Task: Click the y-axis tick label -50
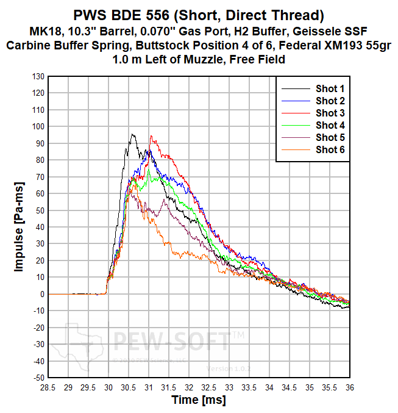[x=37, y=378]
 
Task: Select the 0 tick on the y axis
[x=42, y=294]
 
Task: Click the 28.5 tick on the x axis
[x=48, y=387]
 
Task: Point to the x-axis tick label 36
[x=350, y=387]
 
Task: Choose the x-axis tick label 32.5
[x=209, y=387]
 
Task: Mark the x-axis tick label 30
[x=108, y=387]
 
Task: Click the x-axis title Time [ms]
[x=199, y=400]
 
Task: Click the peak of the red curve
[x=151, y=136]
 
